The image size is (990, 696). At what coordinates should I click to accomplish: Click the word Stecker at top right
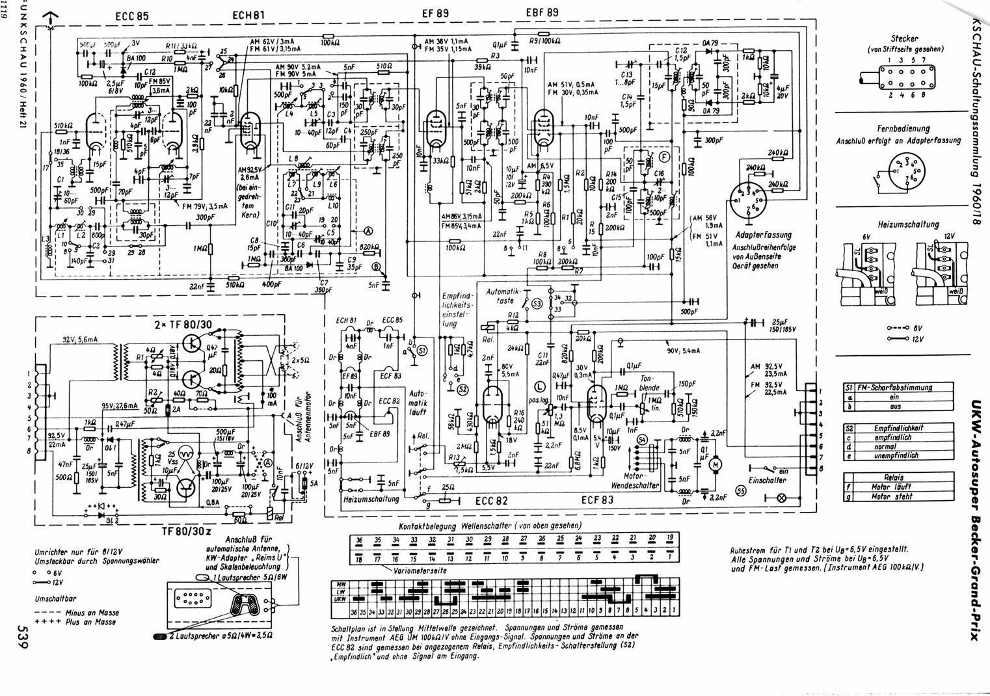click(905, 39)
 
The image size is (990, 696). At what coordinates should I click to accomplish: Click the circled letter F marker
click(663, 157)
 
